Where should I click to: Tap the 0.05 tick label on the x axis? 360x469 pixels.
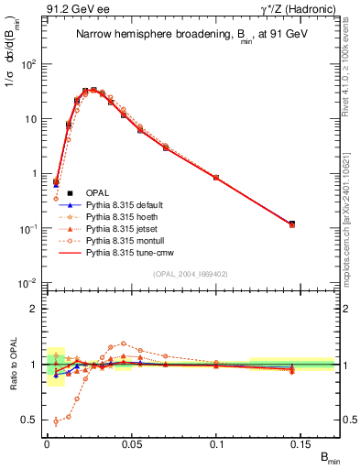coord(132,442)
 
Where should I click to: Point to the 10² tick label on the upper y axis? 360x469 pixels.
coord(29,64)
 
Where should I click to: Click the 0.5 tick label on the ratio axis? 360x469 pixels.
coord(32,420)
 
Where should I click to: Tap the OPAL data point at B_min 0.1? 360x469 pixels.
coord(216,177)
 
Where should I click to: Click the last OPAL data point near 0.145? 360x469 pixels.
coord(292,224)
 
